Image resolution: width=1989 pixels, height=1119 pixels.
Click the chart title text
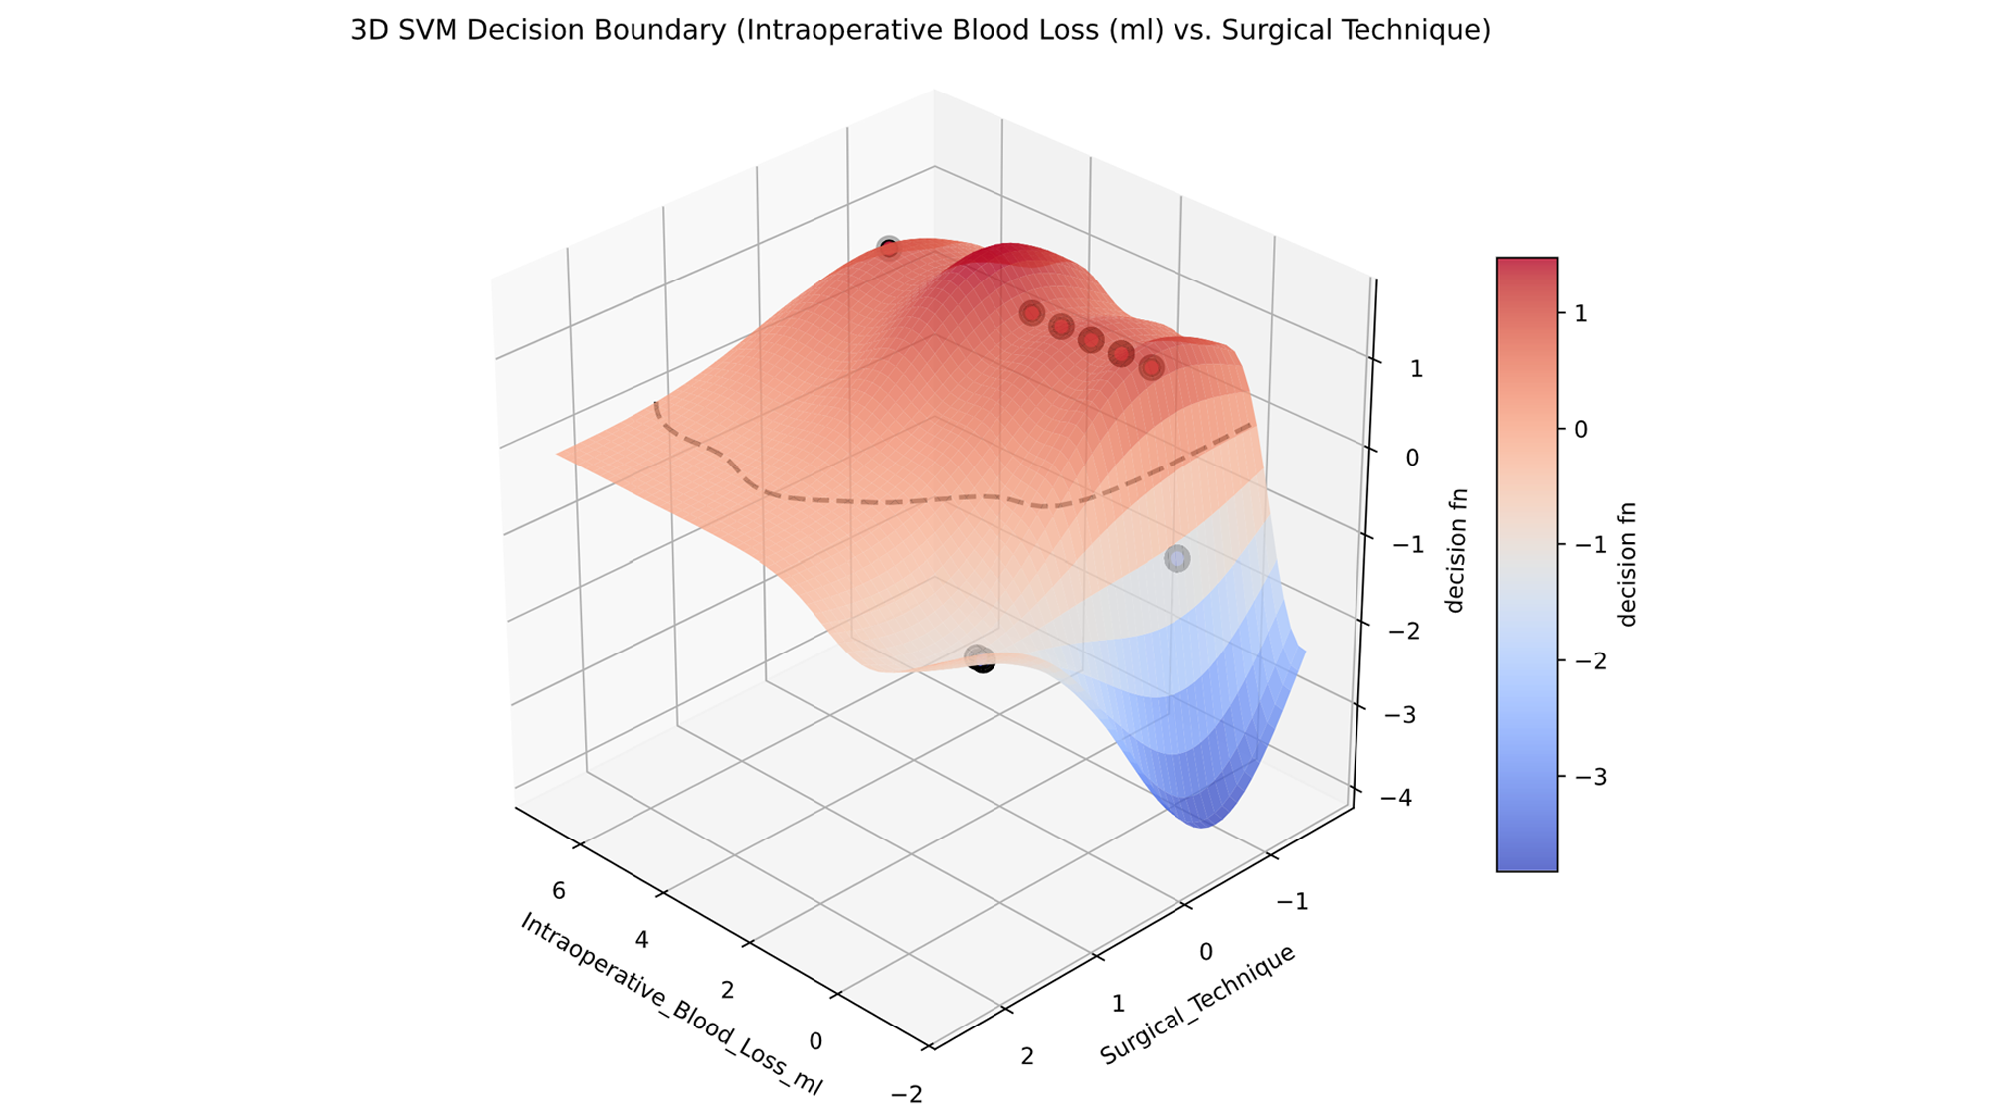tap(920, 31)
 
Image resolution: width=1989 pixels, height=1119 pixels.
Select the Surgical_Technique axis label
tap(1197, 1005)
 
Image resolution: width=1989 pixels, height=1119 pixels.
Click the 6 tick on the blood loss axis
tap(559, 891)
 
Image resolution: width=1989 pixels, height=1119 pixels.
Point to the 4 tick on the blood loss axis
tap(642, 940)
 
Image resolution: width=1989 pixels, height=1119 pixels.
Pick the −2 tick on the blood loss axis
tap(907, 1095)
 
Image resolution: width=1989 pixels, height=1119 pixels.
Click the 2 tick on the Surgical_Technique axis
tap(1027, 1056)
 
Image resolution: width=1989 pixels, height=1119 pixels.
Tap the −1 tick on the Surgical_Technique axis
tap(1293, 902)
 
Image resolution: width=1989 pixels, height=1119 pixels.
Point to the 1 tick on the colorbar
tap(1581, 313)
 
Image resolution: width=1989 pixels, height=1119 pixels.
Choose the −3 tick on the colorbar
tap(1587, 776)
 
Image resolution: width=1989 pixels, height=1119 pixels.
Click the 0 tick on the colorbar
tap(1581, 429)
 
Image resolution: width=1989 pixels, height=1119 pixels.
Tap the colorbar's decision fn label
tap(1627, 564)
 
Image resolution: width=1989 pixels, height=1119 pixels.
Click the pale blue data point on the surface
tap(1177, 559)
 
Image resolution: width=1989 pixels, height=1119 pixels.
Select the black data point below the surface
tap(982, 660)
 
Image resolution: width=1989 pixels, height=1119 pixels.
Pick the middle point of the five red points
tap(1091, 340)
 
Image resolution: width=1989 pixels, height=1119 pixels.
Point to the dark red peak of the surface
tap(1004, 255)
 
